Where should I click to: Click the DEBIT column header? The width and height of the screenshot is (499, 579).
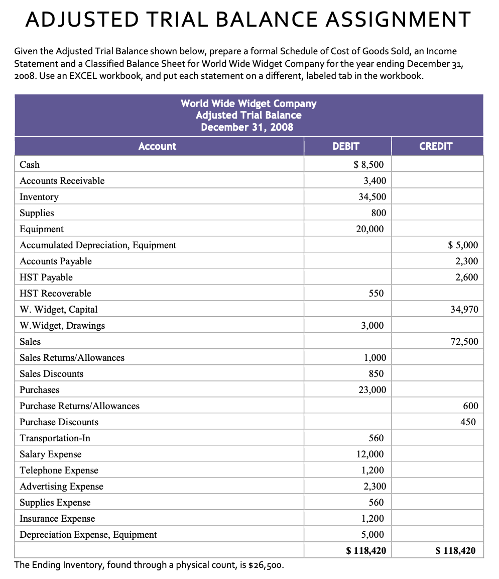(346, 146)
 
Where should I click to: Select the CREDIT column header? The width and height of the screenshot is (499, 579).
(436, 146)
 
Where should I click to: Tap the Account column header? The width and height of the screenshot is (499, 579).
(157, 146)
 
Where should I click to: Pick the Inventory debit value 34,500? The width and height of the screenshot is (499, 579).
(372, 197)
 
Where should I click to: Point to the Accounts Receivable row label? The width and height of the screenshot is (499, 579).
(62, 180)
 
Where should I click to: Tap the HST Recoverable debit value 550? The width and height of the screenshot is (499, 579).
(377, 293)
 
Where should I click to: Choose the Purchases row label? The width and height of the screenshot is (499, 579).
(39, 390)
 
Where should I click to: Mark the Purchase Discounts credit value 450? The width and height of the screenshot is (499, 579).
(468, 422)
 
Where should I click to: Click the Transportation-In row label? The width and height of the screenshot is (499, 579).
(55, 438)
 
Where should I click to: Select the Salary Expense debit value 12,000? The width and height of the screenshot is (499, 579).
(370, 454)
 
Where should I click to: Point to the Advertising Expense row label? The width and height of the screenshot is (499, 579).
(61, 486)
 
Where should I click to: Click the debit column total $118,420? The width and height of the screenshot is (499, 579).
(366, 550)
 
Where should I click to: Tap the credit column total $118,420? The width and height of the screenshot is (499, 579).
(456, 550)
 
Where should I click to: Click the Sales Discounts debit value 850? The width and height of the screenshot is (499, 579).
(377, 373)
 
